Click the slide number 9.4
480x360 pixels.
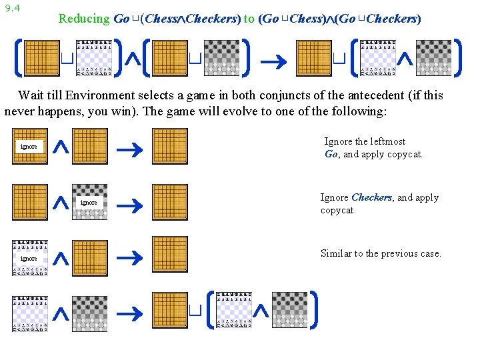[x=11, y=8]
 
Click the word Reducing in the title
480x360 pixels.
[x=83, y=19]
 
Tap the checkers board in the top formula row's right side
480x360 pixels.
[x=433, y=58]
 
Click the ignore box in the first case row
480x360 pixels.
[x=29, y=146]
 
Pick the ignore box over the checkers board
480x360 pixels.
[x=89, y=202]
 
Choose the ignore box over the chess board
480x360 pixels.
[x=29, y=258]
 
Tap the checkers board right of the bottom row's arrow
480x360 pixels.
[x=290, y=309]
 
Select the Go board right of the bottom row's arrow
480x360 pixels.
[x=169, y=309]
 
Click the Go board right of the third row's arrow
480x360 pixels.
[x=169, y=254]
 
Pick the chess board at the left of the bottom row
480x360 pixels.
[x=29, y=313]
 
